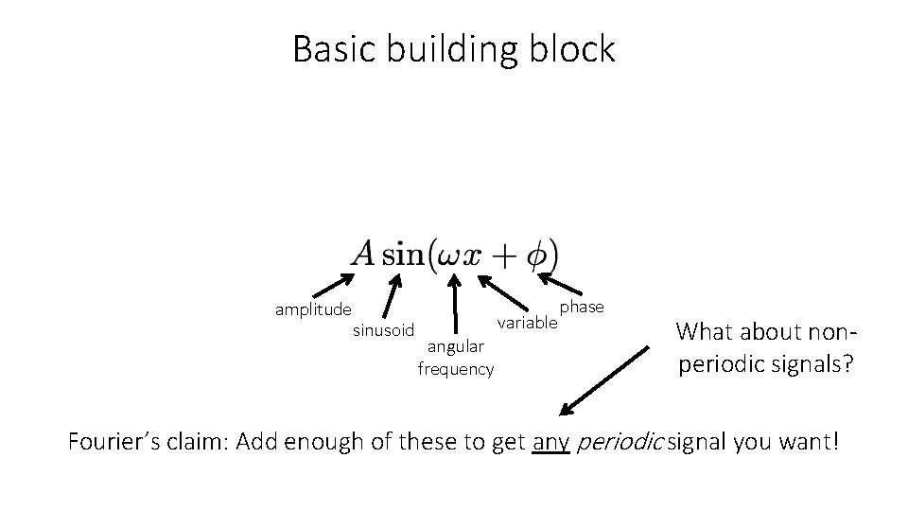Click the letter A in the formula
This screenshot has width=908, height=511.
[364, 254]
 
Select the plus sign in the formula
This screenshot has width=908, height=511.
[504, 255]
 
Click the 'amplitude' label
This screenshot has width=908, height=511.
[313, 309]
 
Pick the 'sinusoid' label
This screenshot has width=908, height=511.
[383, 330]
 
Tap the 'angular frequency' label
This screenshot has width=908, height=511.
[456, 358]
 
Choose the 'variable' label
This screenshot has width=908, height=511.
[528, 324]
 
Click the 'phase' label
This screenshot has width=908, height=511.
[582, 308]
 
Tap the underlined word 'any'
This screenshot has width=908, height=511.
[550, 442]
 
